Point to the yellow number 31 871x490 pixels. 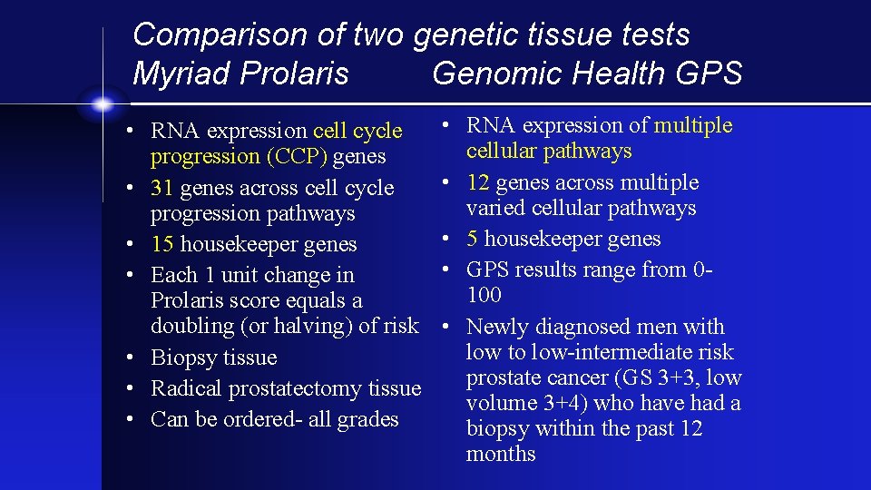coord(162,188)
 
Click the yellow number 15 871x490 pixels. coord(162,244)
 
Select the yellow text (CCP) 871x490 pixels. coord(297,157)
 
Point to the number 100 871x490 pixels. coord(484,295)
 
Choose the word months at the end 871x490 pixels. coord(500,454)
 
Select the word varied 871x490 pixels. coord(494,208)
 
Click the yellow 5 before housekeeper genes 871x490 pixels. coord(472,239)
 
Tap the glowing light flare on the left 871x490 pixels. coord(102,103)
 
